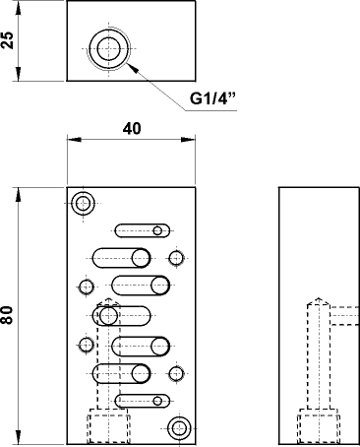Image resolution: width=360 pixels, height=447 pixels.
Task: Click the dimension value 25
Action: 9,42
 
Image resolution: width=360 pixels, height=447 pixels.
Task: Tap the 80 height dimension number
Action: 9,315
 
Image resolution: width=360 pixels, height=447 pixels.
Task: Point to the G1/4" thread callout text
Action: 215,99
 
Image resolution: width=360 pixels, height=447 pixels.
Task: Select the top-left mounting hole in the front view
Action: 83,204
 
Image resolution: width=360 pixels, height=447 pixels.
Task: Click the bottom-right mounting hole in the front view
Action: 179,427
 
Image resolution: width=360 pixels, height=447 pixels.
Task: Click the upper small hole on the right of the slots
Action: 176,258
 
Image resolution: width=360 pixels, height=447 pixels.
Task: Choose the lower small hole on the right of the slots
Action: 176,373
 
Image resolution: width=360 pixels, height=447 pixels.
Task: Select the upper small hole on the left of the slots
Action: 86,287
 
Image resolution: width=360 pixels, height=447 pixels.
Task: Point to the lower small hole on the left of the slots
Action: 86,345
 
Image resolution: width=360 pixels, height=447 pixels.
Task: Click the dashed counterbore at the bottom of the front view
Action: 108,427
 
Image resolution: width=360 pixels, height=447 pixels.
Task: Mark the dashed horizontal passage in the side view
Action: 343,315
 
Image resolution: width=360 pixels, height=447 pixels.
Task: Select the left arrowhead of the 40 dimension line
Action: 71,142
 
